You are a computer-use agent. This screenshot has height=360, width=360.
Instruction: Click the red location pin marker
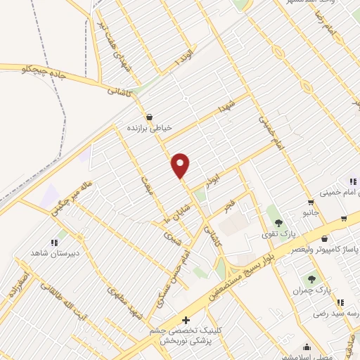181,165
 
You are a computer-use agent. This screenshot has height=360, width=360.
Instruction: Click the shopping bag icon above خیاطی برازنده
148,117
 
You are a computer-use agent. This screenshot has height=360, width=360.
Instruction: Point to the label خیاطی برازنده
148,129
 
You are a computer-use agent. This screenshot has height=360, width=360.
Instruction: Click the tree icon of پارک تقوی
278,222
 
